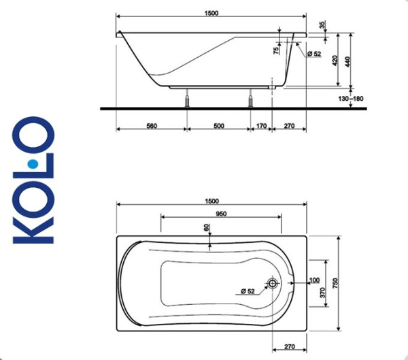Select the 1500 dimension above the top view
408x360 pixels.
[211, 201]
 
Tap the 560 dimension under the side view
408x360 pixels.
[152, 125]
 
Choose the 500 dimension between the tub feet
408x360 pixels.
[219, 125]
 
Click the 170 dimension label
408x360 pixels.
[262, 125]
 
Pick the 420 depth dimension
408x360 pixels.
[334, 59]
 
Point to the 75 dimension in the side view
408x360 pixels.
[276, 50]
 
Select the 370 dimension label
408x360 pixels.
[315, 293]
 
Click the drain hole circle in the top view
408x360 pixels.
[273, 284]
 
